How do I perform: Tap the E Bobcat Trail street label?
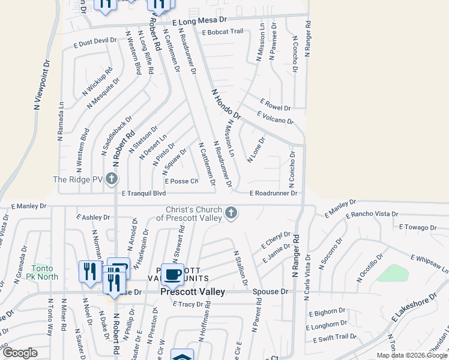point(223,32)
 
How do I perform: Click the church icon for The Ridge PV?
point(111,178)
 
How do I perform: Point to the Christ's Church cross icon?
point(231,212)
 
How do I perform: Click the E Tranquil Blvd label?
point(143,194)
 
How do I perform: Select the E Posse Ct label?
point(181,181)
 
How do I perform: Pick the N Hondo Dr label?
point(226,103)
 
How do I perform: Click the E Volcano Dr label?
point(275,118)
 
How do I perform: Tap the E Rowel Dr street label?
point(276,105)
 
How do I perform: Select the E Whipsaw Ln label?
point(429,265)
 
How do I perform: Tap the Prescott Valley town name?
point(193,292)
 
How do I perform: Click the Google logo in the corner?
point(20,353)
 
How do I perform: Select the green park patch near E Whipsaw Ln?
point(393,274)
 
